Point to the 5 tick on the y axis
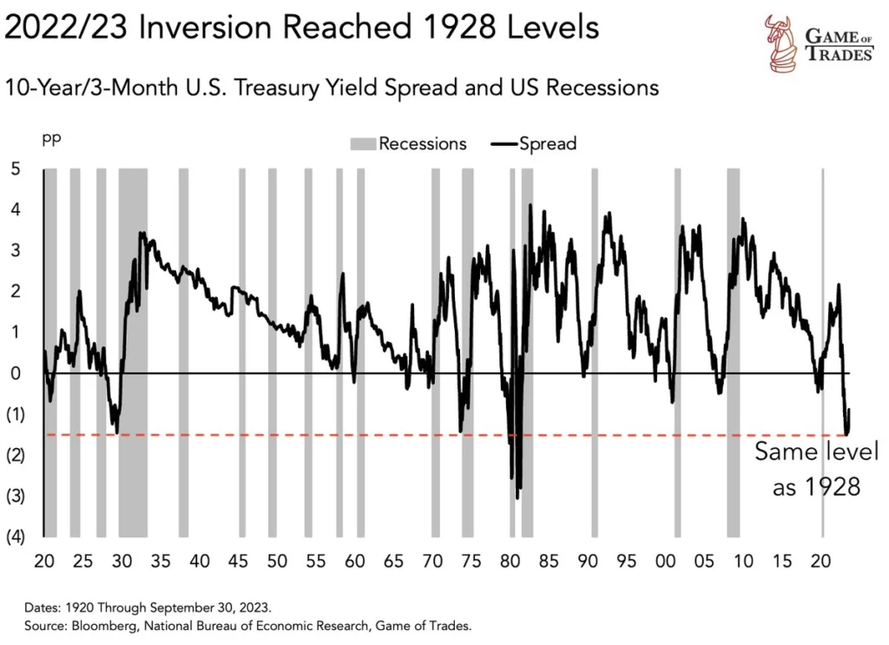(15, 168)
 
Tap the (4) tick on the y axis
(15, 536)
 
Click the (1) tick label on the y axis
(15, 414)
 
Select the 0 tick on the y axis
(15, 373)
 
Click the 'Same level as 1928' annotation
(816, 469)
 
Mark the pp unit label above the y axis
(52, 138)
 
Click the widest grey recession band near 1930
(133, 347)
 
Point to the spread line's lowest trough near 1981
(518, 497)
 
